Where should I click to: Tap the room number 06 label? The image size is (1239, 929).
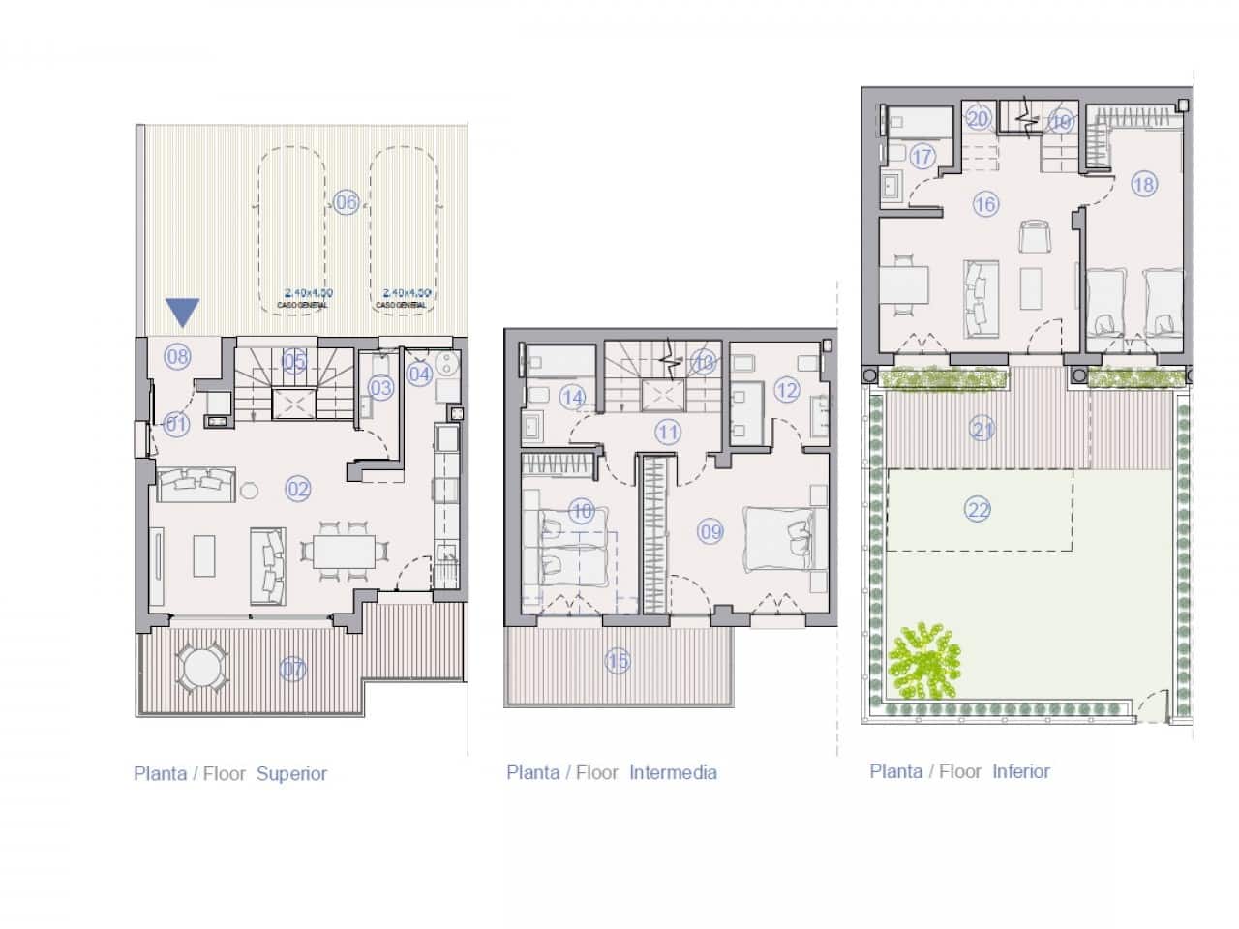click(x=346, y=201)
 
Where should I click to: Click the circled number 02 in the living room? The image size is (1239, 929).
click(x=297, y=489)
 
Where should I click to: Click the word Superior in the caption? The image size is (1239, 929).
click(x=291, y=774)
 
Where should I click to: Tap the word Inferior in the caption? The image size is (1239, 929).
click(x=1021, y=771)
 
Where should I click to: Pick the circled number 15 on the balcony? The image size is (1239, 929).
click(x=618, y=662)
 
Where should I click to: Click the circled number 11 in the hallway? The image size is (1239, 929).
click(x=668, y=432)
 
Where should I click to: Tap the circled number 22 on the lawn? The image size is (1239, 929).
click(x=978, y=509)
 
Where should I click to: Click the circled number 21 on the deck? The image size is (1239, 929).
click(x=982, y=428)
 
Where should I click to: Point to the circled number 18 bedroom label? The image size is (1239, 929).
click(x=1144, y=184)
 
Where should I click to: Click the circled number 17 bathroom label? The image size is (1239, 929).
click(x=922, y=156)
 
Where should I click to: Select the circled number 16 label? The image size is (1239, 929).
click(x=985, y=204)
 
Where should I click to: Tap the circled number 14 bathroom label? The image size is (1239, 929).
click(x=572, y=397)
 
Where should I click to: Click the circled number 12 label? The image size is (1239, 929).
click(x=786, y=390)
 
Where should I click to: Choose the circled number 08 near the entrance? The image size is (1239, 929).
click(x=177, y=356)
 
